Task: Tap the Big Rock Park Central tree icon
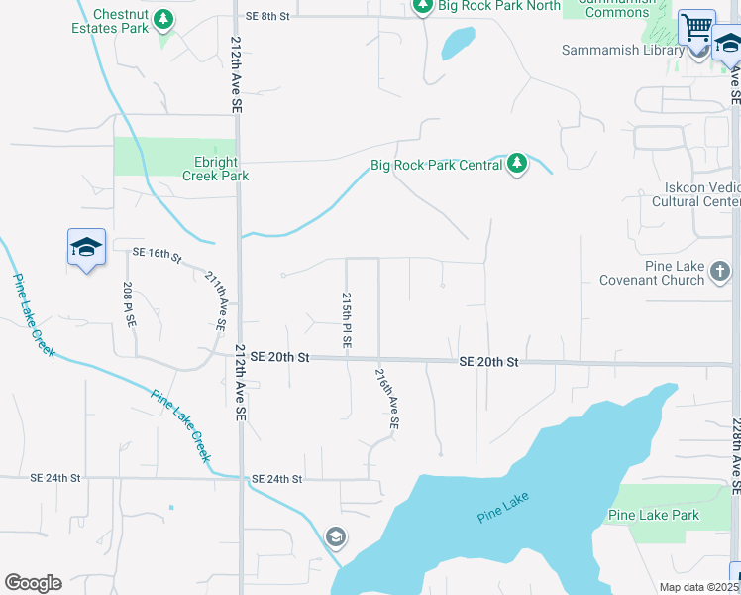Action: pyautogui.click(x=516, y=164)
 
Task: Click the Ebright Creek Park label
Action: pyautogui.click(x=215, y=169)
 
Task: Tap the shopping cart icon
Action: pyautogui.click(x=697, y=27)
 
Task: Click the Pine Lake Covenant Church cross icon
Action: pyautogui.click(x=719, y=270)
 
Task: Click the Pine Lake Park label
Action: pyautogui.click(x=653, y=515)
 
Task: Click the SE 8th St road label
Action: pyautogui.click(x=267, y=17)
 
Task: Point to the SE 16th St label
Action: pyautogui.click(x=157, y=256)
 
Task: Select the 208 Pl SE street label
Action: pyautogui.click(x=128, y=304)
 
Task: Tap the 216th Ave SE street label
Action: pyautogui.click(x=387, y=399)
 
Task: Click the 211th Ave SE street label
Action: pyautogui.click(x=216, y=301)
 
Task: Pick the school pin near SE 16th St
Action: pyautogui.click(x=86, y=247)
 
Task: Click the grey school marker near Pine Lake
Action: pyautogui.click(x=335, y=536)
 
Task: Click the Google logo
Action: pyautogui.click(x=33, y=583)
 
